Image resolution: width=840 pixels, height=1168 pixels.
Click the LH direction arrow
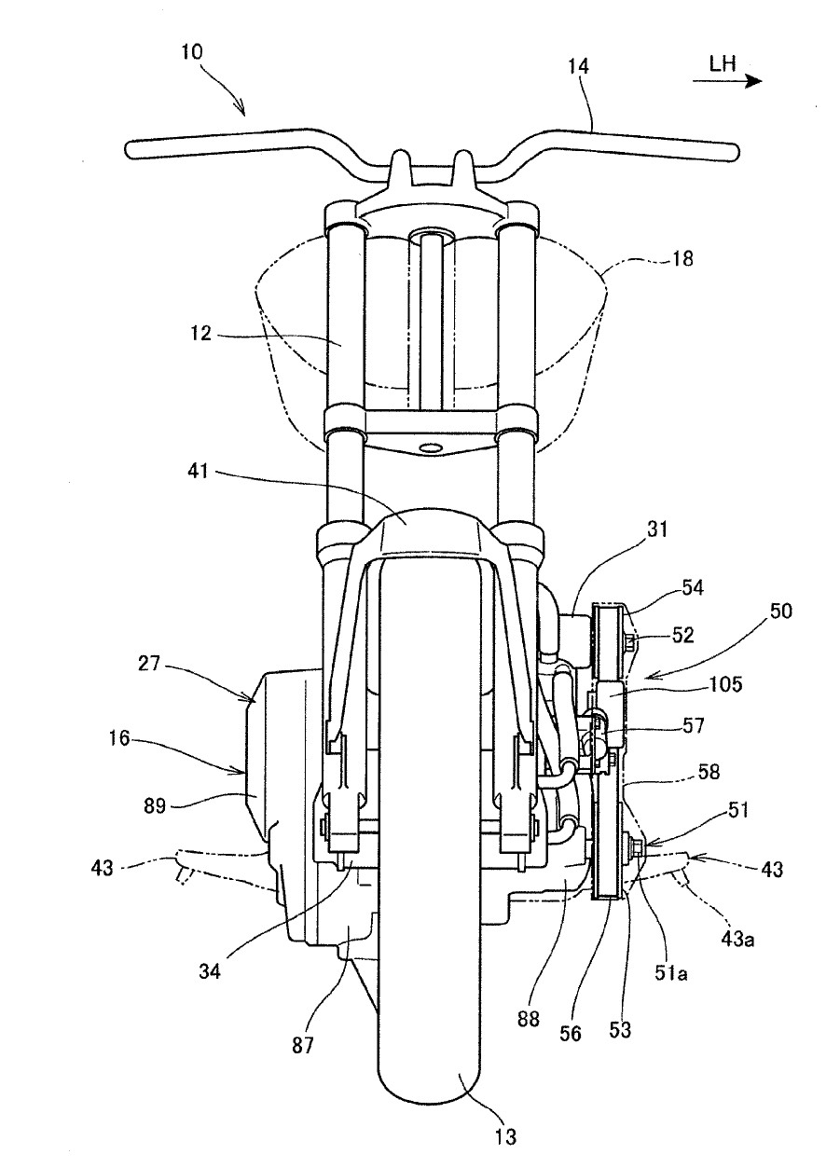point(727,81)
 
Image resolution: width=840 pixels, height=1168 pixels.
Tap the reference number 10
point(192,52)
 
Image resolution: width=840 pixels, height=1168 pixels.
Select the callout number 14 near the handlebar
point(578,66)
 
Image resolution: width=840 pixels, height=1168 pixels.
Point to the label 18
point(682,259)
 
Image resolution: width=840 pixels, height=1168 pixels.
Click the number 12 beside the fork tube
point(200,333)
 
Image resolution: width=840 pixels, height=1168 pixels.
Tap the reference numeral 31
point(656,529)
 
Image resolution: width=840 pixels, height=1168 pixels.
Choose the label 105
point(726,683)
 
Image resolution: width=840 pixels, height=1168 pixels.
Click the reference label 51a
point(671,972)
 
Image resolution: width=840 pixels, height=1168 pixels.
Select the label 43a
point(737,939)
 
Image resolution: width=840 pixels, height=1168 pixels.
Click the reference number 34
point(209,970)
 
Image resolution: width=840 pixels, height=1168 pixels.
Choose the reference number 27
point(148,664)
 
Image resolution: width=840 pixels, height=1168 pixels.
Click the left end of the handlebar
point(128,149)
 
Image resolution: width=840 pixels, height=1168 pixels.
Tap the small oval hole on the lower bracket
point(430,447)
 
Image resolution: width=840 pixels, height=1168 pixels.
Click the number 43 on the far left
point(102,868)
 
